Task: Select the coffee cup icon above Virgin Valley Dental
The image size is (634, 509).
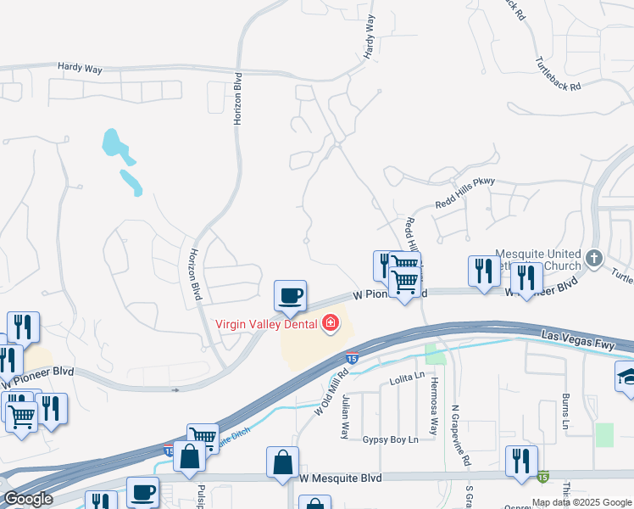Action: (290, 296)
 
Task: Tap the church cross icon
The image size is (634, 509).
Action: (594, 255)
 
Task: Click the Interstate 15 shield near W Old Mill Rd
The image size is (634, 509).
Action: (351, 360)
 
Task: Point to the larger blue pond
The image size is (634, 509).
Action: (116, 145)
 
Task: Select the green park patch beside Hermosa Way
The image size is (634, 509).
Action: (435, 354)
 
